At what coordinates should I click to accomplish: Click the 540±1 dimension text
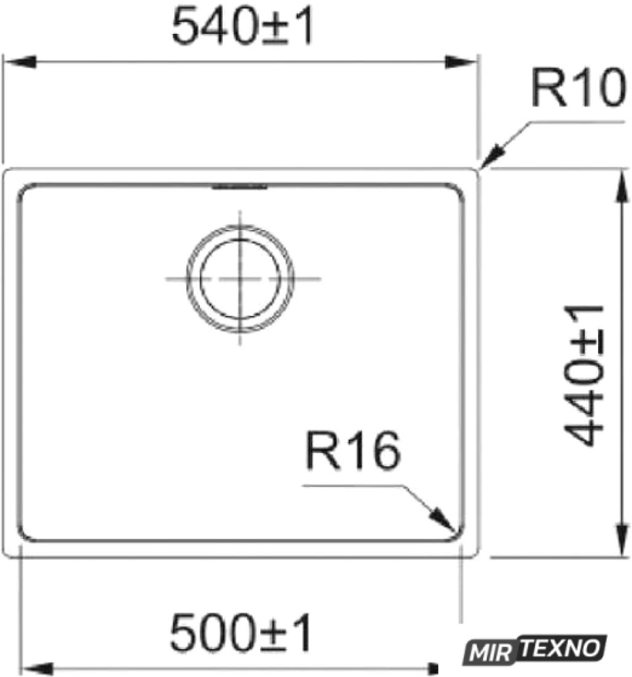point(242,26)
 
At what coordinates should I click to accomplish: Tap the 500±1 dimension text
point(241,633)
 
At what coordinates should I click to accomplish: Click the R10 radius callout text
point(578,88)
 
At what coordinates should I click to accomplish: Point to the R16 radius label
point(353,451)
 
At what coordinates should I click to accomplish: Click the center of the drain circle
point(240,279)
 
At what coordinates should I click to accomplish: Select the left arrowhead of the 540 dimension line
point(19,62)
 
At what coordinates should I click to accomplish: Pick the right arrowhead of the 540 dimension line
point(461,62)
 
